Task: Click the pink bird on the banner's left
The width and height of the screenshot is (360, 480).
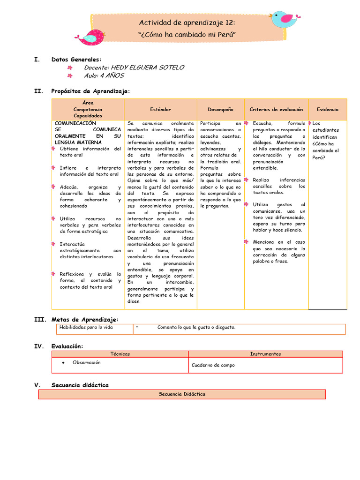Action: click(91, 37)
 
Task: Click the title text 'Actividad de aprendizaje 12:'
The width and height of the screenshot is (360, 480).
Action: click(187, 23)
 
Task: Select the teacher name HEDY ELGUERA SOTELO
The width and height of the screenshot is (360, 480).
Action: click(134, 67)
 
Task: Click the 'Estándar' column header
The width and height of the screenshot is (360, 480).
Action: click(160, 109)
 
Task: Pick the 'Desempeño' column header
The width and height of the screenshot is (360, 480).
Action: click(220, 109)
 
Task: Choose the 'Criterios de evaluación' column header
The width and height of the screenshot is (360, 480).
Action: click(276, 109)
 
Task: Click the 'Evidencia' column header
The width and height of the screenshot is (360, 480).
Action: click(327, 109)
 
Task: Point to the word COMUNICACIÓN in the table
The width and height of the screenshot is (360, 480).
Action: click(75, 123)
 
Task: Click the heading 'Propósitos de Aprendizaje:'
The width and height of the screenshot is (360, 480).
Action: click(90, 91)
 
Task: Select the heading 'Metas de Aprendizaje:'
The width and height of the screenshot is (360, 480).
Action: click(84, 319)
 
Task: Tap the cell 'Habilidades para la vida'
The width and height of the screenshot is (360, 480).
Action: click(86, 327)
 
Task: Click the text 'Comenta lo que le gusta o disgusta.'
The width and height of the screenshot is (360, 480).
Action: click(196, 327)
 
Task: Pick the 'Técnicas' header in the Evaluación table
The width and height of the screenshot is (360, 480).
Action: click(120, 354)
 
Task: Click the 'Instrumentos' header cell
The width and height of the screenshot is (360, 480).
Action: click(265, 354)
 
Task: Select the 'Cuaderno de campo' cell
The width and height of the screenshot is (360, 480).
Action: click(213, 365)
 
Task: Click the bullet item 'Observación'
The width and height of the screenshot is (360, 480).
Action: click(86, 362)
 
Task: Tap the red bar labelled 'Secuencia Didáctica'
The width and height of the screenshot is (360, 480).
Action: click(182, 394)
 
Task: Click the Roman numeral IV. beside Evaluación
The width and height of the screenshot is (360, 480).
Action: click(39, 346)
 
